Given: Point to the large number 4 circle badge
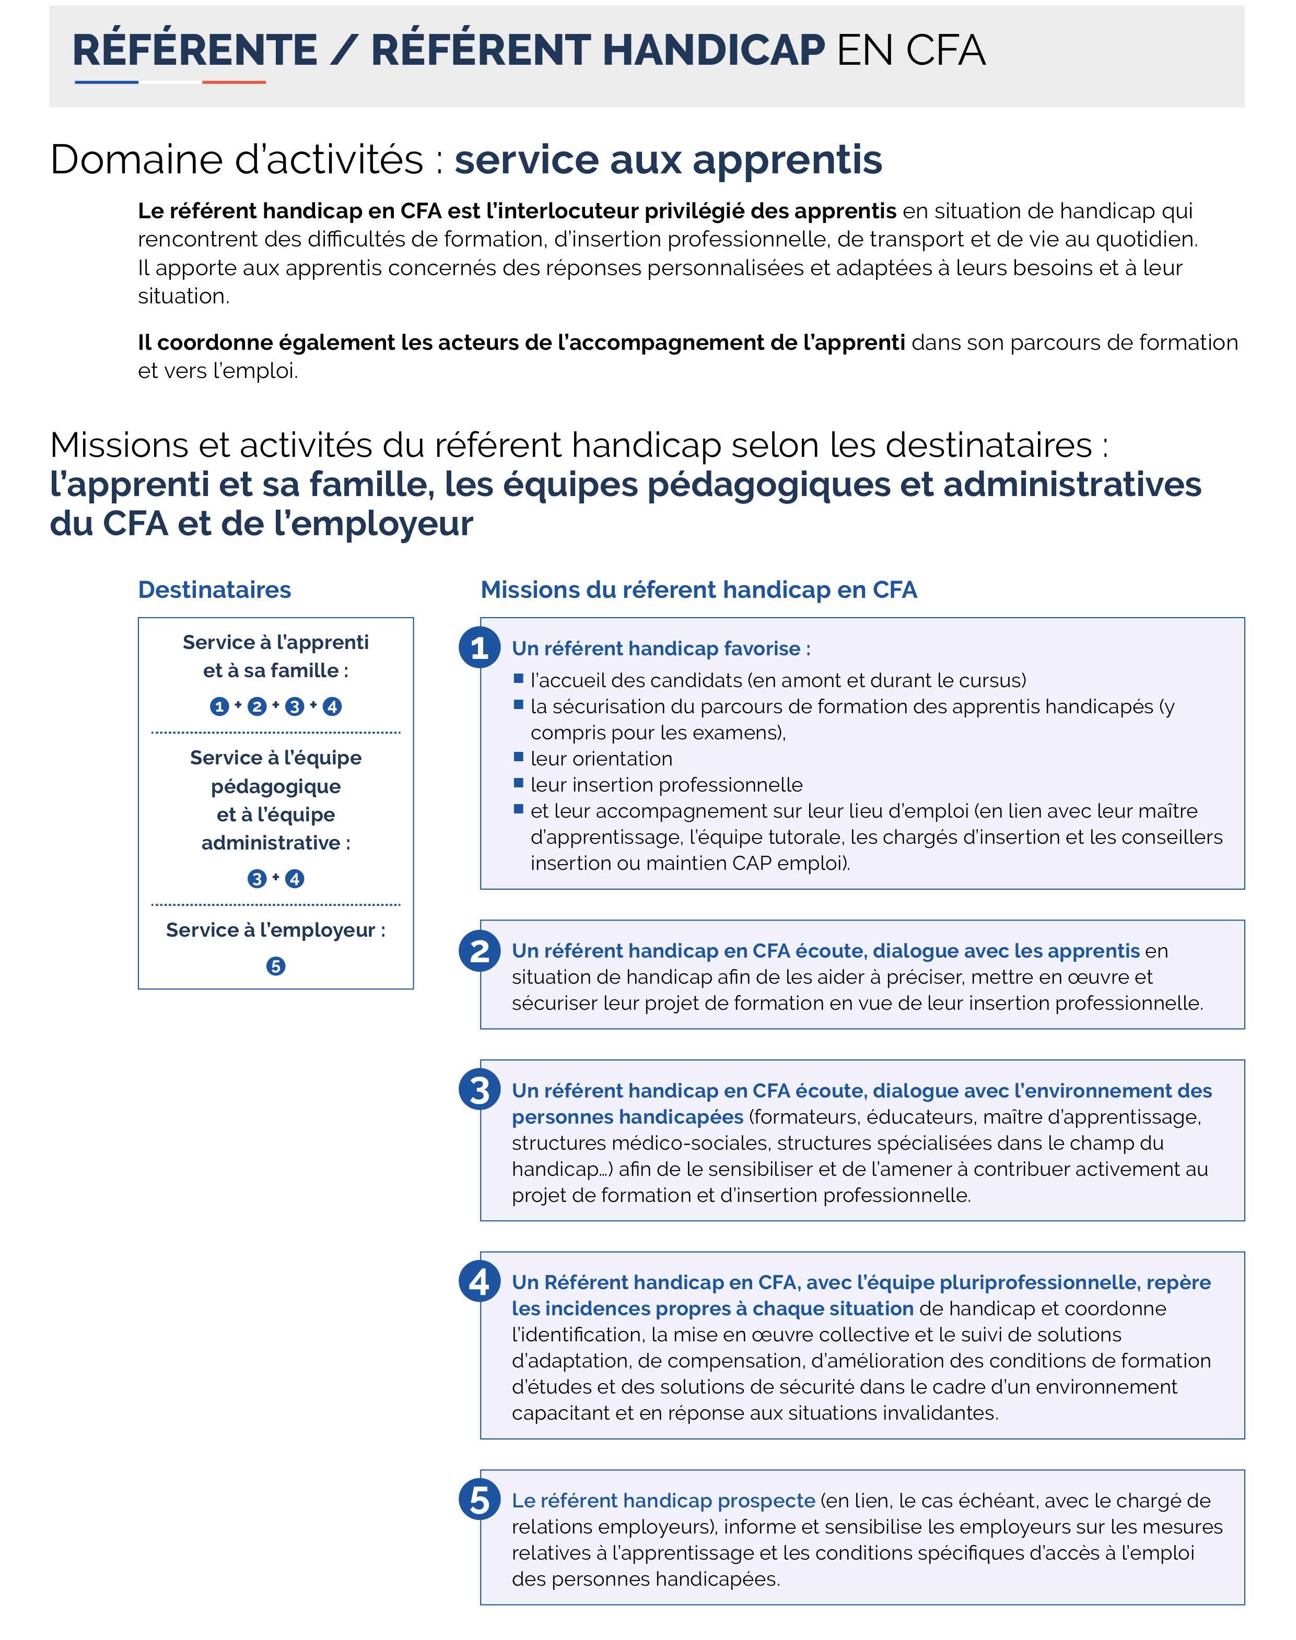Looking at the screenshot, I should coord(479,1281).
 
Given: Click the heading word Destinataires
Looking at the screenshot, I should coord(214,589).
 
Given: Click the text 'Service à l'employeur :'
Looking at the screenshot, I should coord(275,930).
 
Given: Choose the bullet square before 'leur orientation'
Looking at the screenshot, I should coord(519,757).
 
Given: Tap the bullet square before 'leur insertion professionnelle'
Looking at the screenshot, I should coord(519,783).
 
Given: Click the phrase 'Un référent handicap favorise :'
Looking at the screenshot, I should coord(661,648).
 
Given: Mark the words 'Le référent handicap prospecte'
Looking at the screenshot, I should coord(663,1501).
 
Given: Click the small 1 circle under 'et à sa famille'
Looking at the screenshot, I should coord(219,706).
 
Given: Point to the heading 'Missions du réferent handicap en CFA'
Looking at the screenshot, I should coord(699,589).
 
